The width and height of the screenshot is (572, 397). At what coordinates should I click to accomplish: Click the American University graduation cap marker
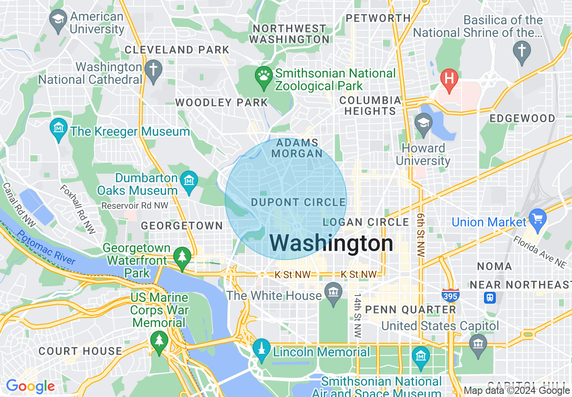pyautogui.click(x=58, y=21)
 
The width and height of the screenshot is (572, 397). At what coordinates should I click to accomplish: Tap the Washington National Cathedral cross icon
pyautogui.click(x=153, y=72)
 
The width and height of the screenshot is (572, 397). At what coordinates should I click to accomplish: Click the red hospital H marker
pyautogui.click(x=449, y=78)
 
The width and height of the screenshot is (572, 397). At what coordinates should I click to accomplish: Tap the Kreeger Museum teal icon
pyautogui.click(x=59, y=129)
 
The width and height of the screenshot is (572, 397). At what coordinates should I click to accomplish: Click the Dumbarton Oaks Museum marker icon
pyautogui.click(x=189, y=181)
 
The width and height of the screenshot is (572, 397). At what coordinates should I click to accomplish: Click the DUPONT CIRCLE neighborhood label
pyautogui.click(x=299, y=203)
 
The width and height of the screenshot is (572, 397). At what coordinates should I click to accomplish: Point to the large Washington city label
pyautogui.click(x=332, y=244)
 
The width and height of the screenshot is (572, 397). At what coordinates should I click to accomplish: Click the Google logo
pyautogui.click(x=30, y=386)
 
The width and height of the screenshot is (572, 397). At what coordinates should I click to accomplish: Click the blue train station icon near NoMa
pyautogui.click(x=490, y=298)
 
